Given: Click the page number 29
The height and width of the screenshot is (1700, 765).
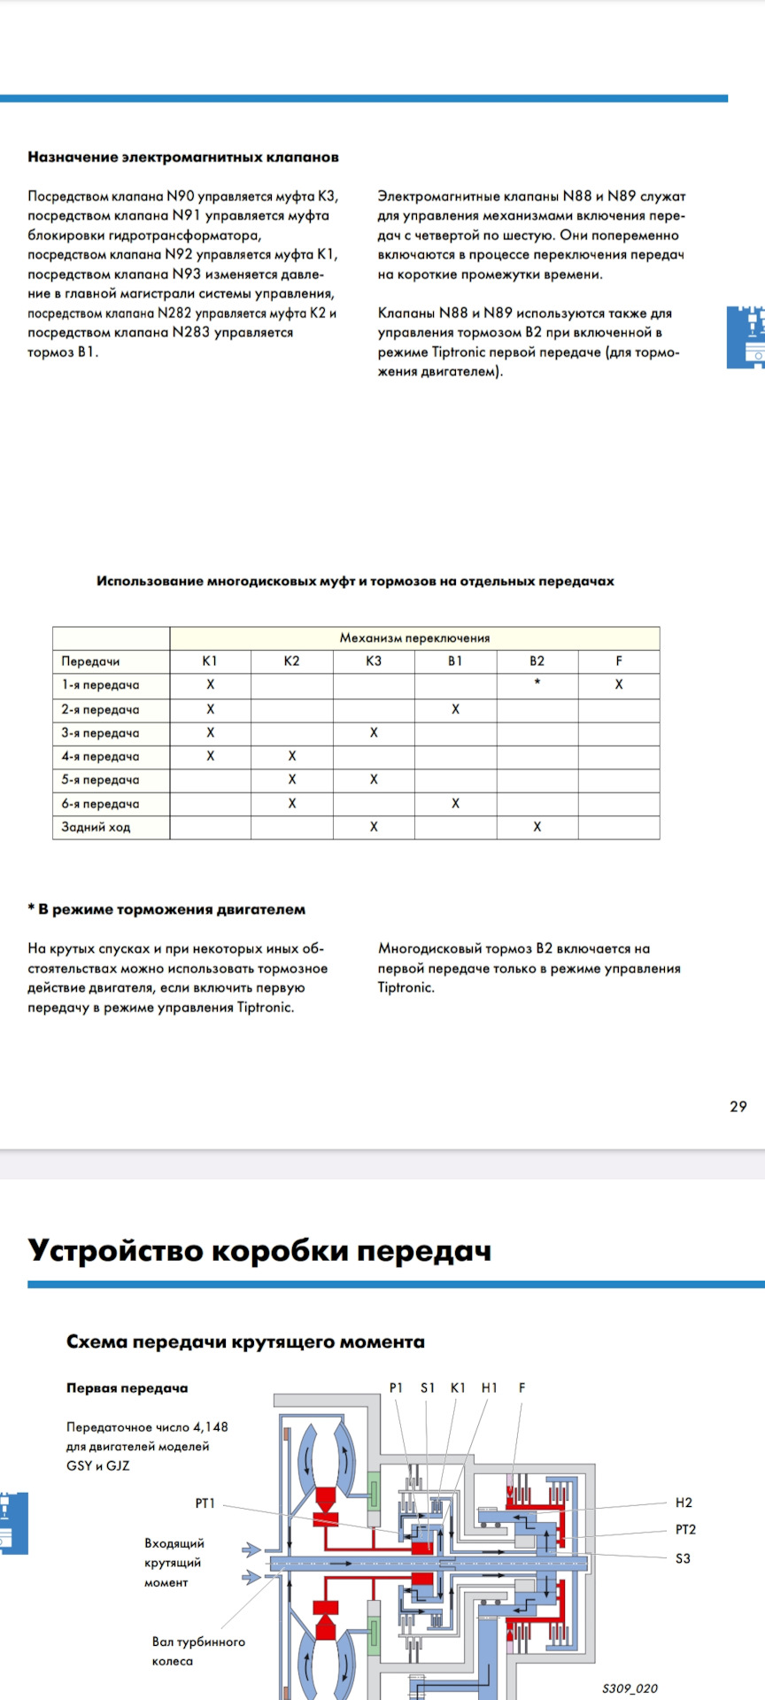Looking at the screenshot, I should coord(738,1106).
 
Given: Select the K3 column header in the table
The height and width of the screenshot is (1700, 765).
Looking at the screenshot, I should coord(374,661).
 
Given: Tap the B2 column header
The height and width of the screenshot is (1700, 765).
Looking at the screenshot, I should coord(537,661).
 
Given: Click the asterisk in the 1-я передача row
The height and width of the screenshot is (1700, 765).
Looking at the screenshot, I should coord(537,683).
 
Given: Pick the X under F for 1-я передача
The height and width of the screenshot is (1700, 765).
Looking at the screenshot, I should coord(619,684).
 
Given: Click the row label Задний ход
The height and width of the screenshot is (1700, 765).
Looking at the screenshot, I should coord(96,827).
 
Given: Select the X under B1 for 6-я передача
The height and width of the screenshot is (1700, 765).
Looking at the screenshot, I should coord(455,803).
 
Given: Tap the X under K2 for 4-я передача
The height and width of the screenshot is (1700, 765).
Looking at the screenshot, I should coord(292,756).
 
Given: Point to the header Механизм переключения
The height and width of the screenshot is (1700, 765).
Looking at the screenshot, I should coord(414,637).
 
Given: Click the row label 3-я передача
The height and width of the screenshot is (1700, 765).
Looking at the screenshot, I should coord(100,733).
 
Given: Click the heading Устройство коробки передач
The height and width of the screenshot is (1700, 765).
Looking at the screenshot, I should coord(259,1250).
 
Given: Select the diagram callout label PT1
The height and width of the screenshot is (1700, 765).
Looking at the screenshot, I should coord(205,1503).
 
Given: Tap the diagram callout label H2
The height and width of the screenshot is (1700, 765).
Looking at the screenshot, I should coord(684,1502).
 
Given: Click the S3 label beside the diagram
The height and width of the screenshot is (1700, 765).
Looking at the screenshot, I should coord(683,1558).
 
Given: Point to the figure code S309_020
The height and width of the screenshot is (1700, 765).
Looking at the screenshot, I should coord(630,1688).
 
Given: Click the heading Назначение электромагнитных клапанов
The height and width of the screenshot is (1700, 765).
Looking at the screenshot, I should coord(183,157).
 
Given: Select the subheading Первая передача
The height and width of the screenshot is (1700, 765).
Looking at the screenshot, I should coord(127,1387).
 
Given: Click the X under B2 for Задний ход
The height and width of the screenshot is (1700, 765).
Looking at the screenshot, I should coord(537,827).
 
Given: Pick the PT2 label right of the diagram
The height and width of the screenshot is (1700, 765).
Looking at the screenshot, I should coord(685,1529).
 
